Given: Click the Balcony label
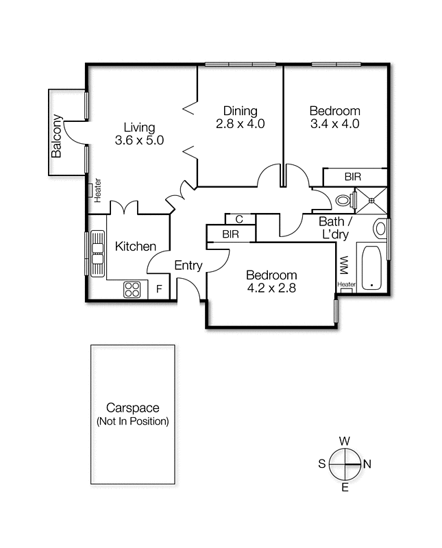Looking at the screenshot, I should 57,135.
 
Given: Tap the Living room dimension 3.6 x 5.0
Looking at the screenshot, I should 139,140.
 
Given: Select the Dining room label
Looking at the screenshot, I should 240,111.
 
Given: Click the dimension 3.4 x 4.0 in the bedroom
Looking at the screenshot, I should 334,124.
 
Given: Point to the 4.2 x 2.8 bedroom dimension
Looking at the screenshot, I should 271,288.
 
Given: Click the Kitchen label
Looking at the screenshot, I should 135,247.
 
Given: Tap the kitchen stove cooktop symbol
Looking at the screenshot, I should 132,290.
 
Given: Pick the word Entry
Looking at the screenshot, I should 188,266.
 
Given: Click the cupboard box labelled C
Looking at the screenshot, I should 240,219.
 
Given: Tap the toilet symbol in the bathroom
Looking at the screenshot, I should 345,201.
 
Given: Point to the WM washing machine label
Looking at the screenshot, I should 344,264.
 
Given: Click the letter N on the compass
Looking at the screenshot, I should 367,464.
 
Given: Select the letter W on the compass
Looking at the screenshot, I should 345,440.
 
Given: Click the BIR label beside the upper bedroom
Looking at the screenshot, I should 353,177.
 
